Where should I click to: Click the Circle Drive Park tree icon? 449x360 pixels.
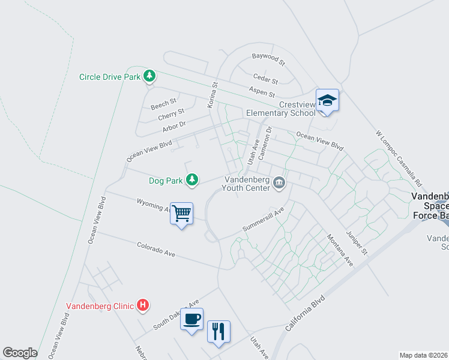tap(149, 76)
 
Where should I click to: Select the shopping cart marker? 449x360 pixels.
tap(182, 214)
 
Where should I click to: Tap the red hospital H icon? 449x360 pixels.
tap(143, 305)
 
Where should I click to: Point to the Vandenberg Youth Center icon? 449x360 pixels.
tap(279, 182)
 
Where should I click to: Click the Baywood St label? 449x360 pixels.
tap(268, 59)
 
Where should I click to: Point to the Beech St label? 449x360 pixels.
tap(164, 104)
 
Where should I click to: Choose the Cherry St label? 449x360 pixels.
tap(172, 113)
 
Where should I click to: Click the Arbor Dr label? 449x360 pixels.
tap(175, 127)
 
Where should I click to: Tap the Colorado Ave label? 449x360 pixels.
tap(155, 250)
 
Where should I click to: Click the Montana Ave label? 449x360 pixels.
tap(340, 250)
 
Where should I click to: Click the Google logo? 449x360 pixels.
tap(20, 353)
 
